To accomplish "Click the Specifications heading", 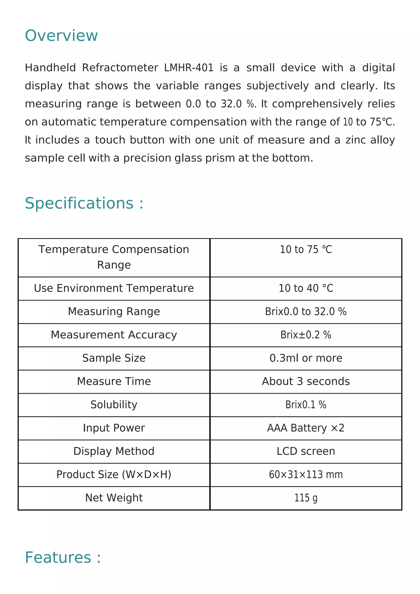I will click(84, 203).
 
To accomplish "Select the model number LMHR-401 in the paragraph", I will click(189, 68).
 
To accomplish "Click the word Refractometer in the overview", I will click(120, 68).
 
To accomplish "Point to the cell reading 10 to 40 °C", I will click(306, 288).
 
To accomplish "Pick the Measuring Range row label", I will click(114, 312).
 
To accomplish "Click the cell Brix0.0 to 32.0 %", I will click(306, 312).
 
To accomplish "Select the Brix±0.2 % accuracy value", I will click(306, 335).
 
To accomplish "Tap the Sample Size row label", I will click(114, 358).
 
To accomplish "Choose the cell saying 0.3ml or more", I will click(306, 358).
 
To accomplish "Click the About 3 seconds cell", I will click(306, 381).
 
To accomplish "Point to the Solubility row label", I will click(114, 405).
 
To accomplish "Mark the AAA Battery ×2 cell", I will click(306, 428).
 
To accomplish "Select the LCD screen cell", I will click(306, 451).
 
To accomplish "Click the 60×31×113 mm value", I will click(306, 474).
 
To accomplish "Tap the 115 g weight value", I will click(306, 498).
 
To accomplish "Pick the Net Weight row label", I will click(114, 498).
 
